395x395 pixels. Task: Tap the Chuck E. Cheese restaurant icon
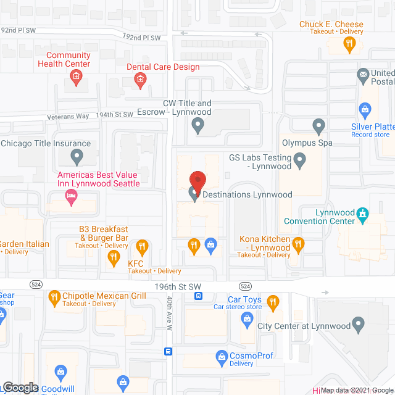[349, 43]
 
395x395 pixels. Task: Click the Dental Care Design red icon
[141, 79]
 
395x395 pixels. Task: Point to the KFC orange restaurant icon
[113, 259]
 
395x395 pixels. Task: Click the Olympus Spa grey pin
[318, 128]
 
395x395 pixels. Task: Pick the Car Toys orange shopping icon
[271, 302]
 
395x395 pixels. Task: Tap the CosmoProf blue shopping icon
[222, 355]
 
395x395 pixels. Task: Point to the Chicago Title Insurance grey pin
[77, 157]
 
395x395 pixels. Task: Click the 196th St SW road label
[178, 286]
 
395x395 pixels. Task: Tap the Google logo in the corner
[20, 387]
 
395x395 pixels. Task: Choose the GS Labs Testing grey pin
[299, 162]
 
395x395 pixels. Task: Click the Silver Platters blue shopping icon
[365, 111]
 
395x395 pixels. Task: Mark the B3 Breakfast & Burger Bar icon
[143, 247]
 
